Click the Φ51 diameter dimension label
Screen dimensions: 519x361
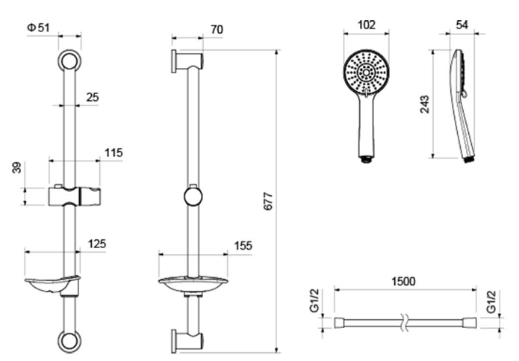[x=38, y=28]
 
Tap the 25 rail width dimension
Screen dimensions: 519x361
[x=93, y=97]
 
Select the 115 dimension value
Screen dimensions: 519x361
[x=114, y=152]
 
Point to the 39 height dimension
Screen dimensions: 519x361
[x=16, y=167]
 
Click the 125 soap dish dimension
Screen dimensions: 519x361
[x=97, y=244]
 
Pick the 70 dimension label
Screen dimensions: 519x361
[x=217, y=29]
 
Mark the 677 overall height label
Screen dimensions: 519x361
[x=268, y=201]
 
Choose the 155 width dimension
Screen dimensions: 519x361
[x=243, y=246]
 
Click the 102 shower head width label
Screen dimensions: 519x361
[x=367, y=25]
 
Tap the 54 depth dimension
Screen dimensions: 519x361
[x=462, y=25]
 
